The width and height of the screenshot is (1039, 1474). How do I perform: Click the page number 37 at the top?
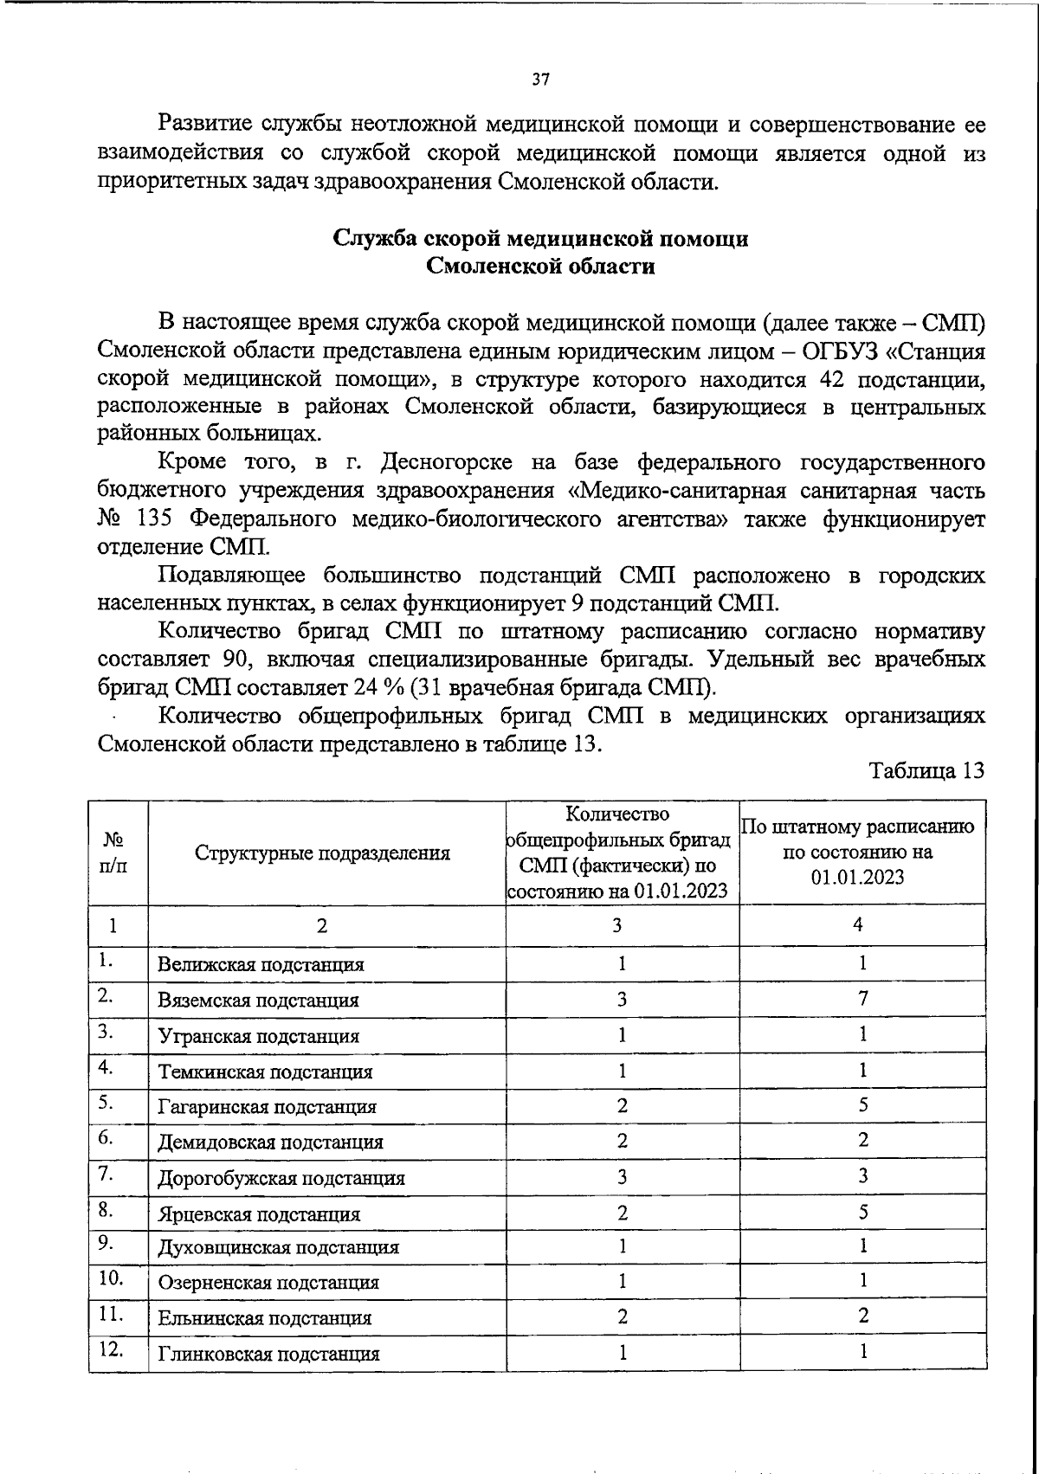tap(540, 80)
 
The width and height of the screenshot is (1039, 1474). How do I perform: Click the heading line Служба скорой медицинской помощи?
tap(541, 239)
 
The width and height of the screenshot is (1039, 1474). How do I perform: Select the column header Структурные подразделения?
tap(322, 853)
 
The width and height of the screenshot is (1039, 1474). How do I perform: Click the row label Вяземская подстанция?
tap(258, 1001)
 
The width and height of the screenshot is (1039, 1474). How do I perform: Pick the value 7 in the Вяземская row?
tap(862, 998)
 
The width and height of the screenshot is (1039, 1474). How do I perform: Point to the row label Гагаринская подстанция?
tap(267, 1106)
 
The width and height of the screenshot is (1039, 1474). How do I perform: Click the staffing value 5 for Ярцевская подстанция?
tap(863, 1212)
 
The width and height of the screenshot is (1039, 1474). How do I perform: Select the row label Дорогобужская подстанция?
tap(281, 1178)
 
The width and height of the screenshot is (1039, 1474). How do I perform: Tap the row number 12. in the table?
tap(111, 1350)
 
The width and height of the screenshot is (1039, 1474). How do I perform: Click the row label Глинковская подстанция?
tap(268, 1354)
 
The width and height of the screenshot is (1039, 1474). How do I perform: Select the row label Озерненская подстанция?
tap(268, 1283)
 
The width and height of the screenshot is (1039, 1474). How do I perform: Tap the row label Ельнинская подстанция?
tap(264, 1318)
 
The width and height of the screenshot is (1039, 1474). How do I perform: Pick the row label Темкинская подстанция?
tap(265, 1072)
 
